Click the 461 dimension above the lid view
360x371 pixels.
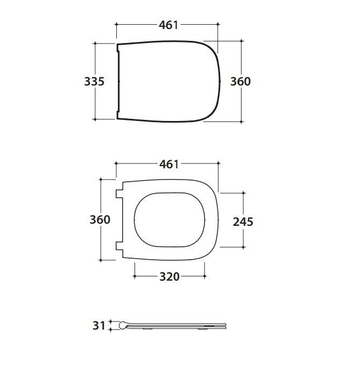(x=168, y=25)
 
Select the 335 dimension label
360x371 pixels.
(x=94, y=81)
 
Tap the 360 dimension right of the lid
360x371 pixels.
(x=241, y=81)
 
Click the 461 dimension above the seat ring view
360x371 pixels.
(x=169, y=164)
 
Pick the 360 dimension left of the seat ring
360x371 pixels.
(x=100, y=219)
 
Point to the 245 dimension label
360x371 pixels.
(x=243, y=222)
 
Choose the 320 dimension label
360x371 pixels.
(x=170, y=276)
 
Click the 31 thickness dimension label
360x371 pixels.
(x=98, y=326)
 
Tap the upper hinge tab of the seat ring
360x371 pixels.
(x=119, y=194)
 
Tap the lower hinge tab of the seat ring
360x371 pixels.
(x=119, y=246)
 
